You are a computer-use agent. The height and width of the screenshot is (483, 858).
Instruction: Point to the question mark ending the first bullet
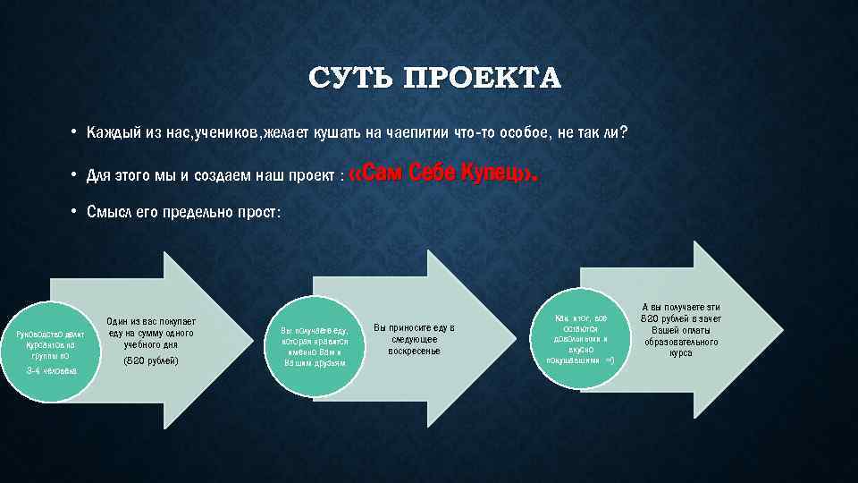tap(625, 133)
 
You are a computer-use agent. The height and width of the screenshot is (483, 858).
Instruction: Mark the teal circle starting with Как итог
tap(580, 339)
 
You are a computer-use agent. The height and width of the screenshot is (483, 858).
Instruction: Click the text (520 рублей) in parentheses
tap(150, 360)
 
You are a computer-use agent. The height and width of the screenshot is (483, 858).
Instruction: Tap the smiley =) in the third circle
tap(609, 360)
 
